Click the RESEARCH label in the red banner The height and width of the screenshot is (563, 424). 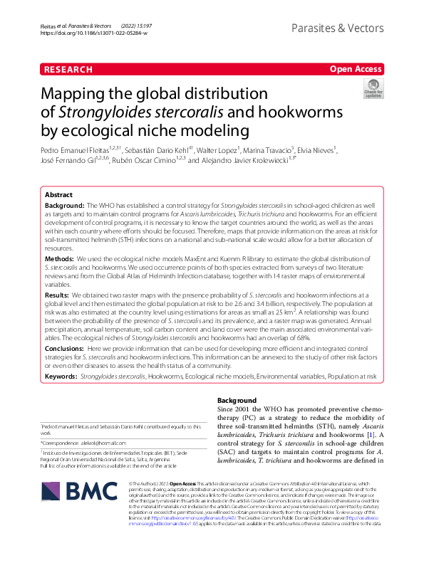[x=68, y=69]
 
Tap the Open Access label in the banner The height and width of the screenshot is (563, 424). [x=355, y=69]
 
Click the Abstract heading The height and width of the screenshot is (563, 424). [x=58, y=194]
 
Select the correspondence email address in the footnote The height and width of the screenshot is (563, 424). [x=106, y=443]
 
